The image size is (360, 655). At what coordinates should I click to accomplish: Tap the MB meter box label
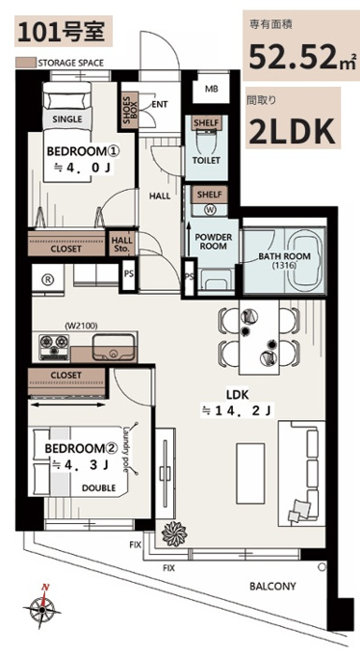(211, 89)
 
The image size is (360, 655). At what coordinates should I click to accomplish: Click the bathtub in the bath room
(304, 260)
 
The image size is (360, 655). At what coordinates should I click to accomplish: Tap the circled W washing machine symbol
(210, 210)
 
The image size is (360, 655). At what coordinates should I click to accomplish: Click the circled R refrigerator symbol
(48, 280)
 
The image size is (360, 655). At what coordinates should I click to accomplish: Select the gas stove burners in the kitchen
(54, 347)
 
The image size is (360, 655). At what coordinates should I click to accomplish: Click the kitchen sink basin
(114, 348)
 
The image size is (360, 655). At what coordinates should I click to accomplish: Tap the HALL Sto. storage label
(122, 245)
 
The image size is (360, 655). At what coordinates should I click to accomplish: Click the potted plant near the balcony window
(173, 532)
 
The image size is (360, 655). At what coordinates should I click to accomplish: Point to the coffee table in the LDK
(250, 473)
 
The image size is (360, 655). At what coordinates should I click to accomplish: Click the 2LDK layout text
(293, 131)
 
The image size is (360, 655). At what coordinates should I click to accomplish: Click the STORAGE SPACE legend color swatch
(25, 63)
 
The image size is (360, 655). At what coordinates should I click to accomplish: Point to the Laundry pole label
(126, 449)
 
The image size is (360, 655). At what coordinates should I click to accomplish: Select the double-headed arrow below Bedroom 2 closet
(66, 405)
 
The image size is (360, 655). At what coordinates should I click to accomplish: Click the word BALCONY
(272, 586)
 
